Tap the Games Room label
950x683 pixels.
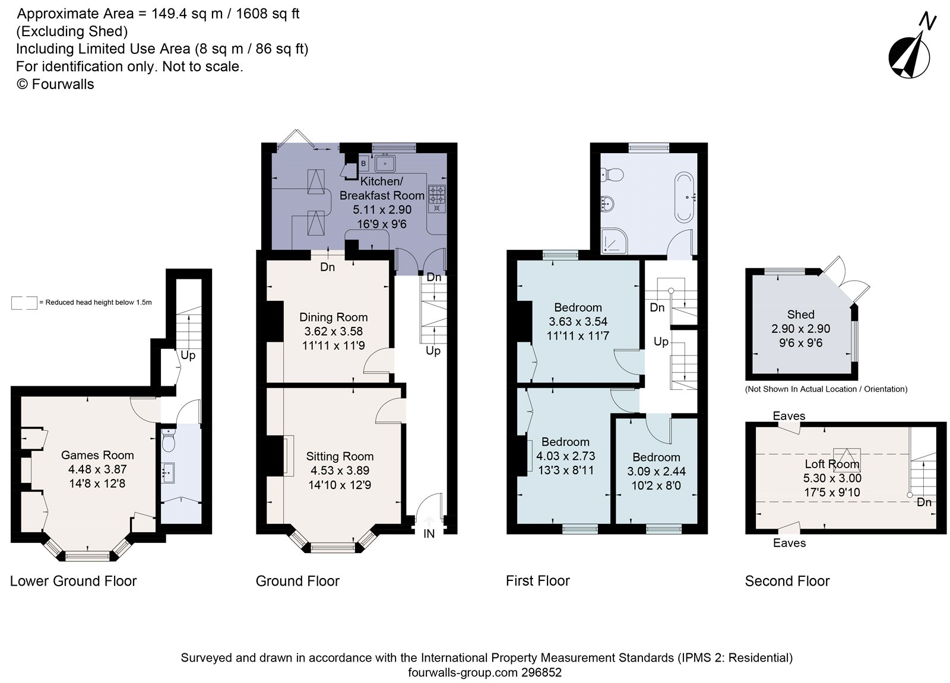click(97, 455)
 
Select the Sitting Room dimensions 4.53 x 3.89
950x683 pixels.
click(340, 471)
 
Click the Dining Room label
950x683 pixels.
click(333, 317)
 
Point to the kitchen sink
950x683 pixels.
click(387, 162)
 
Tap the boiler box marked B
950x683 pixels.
click(363, 163)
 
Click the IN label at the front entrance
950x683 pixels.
click(429, 534)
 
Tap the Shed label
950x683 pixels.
click(800, 315)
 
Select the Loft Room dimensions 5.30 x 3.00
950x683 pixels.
click(832, 478)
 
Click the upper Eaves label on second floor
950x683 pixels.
click(788, 416)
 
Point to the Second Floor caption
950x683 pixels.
click(787, 581)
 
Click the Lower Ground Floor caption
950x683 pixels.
click(73, 581)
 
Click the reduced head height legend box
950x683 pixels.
click(24, 303)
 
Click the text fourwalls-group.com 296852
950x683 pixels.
click(484, 672)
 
